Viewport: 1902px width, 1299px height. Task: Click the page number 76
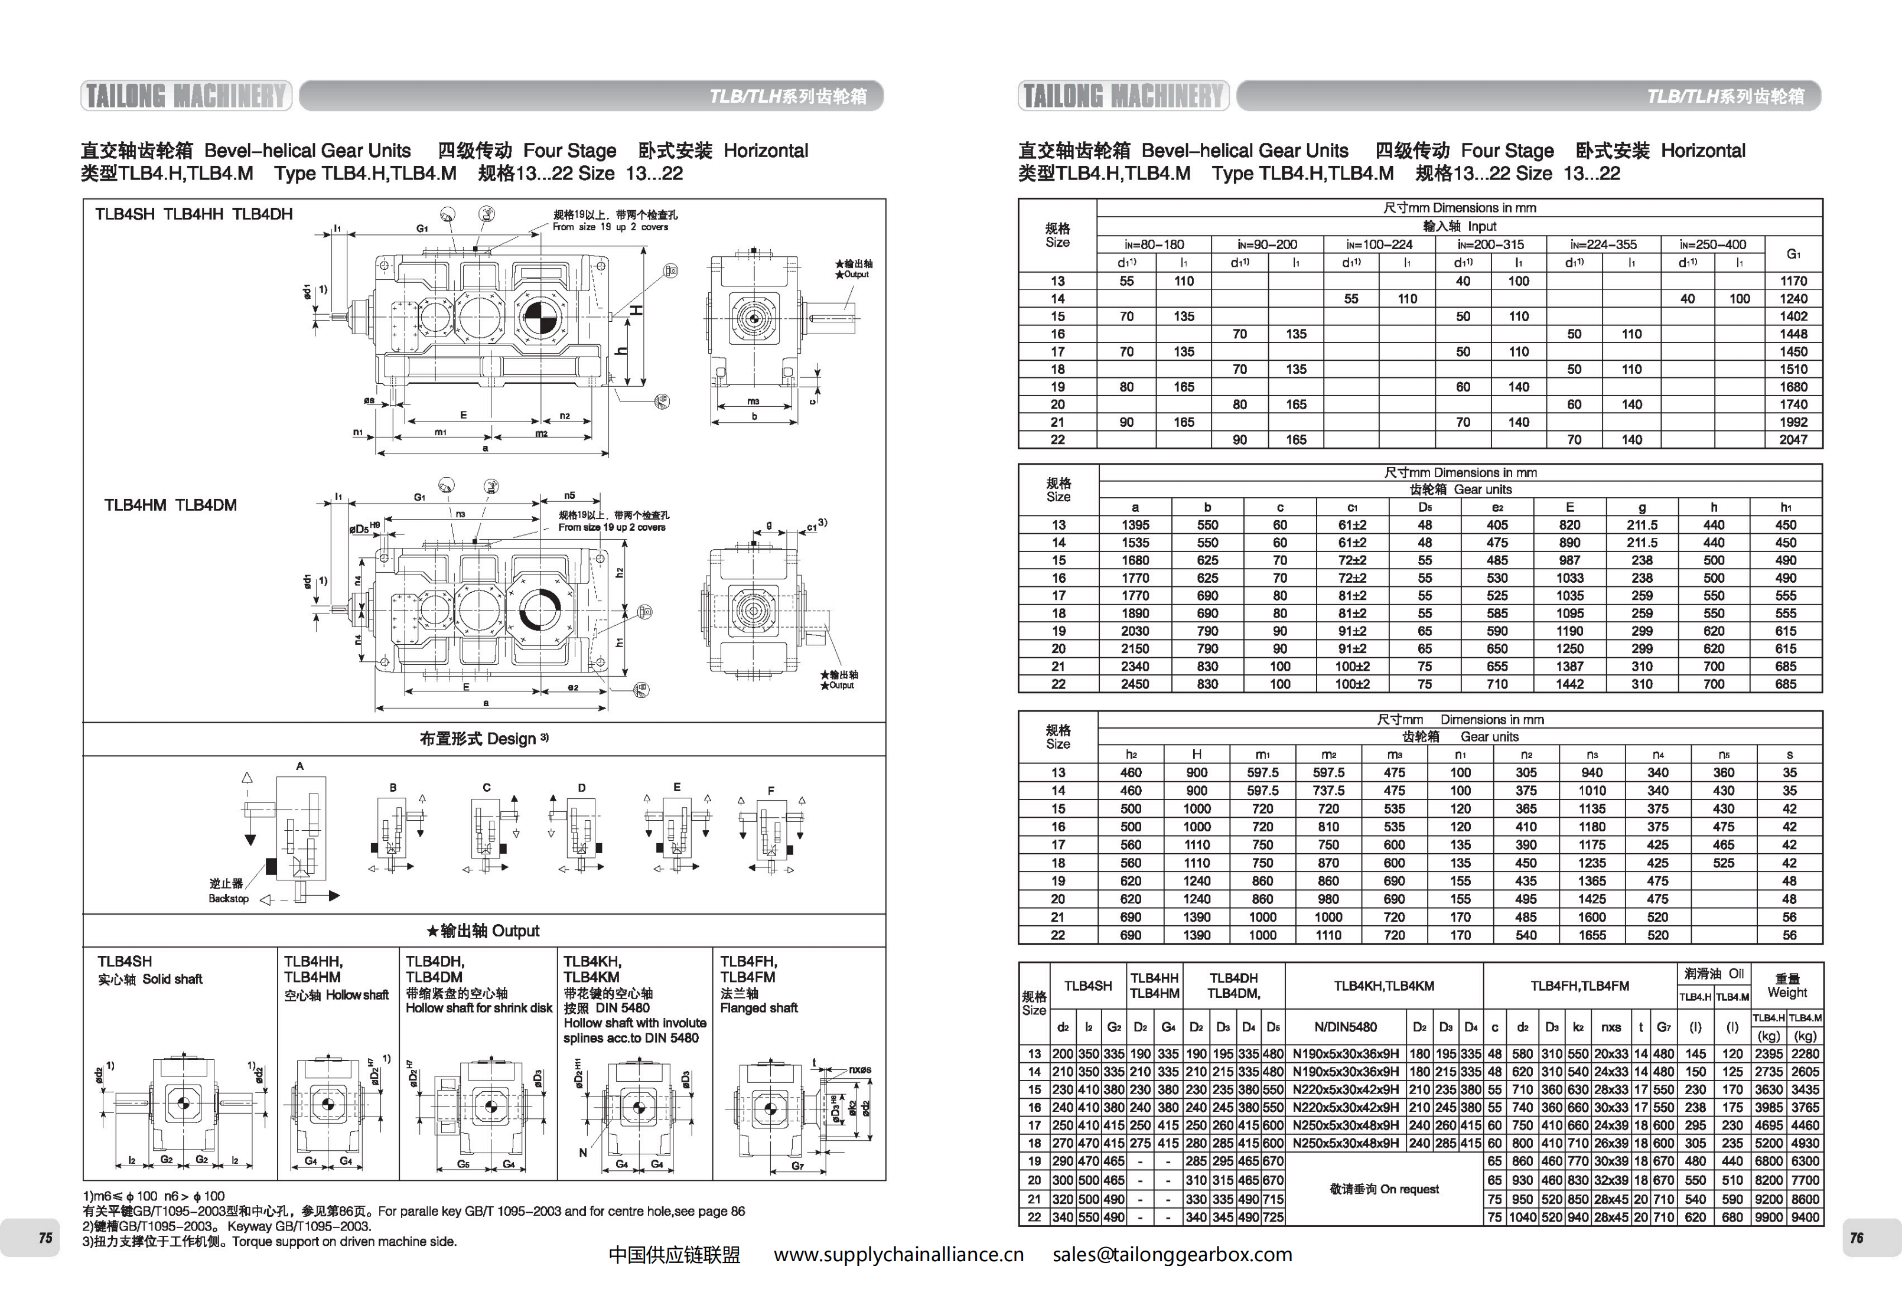(x=1856, y=1238)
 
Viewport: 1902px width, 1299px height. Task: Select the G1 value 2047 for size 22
(x=1792, y=440)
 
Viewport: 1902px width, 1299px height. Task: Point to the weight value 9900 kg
(x=1769, y=1217)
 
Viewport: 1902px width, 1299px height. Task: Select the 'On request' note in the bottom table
(x=1384, y=1189)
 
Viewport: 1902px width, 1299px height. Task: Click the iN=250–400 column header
(x=1712, y=244)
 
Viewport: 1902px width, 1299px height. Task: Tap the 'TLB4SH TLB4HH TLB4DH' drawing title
(x=193, y=214)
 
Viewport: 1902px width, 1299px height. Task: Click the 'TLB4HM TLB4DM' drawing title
(x=170, y=505)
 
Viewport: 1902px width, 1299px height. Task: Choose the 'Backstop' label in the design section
(x=229, y=898)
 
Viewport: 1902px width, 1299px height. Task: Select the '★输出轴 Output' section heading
(x=483, y=931)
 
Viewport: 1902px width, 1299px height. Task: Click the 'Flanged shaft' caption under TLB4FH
(x=758, y=1008)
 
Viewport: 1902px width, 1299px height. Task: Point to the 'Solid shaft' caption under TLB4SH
(x=172, y=979)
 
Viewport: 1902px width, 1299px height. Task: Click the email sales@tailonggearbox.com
(x=1172, y=1255)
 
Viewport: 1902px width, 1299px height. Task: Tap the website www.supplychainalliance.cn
(x=898, y=1255)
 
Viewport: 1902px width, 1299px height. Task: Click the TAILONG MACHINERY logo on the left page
(x=186, y=96)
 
